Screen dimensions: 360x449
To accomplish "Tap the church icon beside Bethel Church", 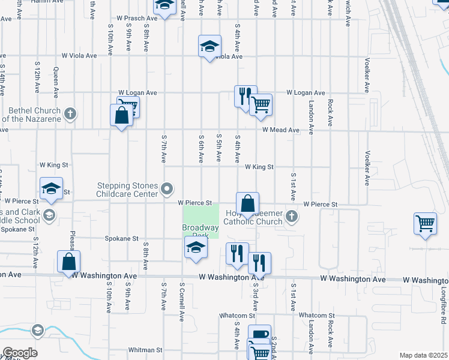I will click(70, 113).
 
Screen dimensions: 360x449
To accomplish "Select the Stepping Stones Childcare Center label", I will click(128, 190).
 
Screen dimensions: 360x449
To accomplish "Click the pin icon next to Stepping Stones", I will click(167, 190).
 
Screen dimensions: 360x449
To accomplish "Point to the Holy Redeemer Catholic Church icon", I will click(292, 216).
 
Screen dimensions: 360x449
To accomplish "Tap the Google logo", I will click(20, 353).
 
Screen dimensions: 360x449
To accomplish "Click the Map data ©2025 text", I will click(424, 355).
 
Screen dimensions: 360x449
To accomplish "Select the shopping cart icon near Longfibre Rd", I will click(425, 224).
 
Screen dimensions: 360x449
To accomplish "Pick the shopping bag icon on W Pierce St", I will click(247, 204).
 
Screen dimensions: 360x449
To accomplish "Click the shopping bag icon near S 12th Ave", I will click(69, 262).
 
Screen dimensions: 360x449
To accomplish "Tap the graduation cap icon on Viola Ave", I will click(209, 46).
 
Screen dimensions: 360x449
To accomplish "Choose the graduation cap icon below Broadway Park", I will click(196, 247).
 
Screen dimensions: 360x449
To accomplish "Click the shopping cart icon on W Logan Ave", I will click(261, 104).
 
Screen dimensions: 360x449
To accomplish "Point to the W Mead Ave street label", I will click(280, 130).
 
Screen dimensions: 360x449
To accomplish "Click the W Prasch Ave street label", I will click(137, 19).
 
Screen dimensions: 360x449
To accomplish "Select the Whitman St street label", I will click(146, 350).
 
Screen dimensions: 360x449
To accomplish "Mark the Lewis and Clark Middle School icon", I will click(49, 215).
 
